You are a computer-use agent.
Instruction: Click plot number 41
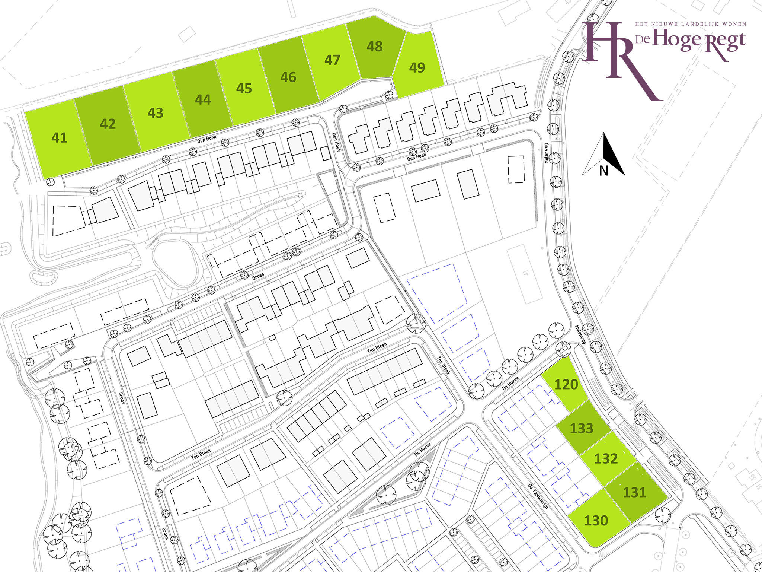coord(59,138)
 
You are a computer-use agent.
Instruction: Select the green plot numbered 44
coord(203,100)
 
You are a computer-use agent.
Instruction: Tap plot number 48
coord(374,47)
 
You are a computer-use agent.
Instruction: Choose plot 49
coord(417,67)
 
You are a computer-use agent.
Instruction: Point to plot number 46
coord(288,77)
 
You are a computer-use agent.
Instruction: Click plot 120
coord(566,384)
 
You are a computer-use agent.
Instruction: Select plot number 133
coord(581,428)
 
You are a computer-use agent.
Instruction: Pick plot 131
coord(634,492)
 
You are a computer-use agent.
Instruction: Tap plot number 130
coord(596,520)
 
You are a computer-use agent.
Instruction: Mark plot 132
coord(606,458)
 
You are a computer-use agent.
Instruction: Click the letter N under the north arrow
coord(603,171)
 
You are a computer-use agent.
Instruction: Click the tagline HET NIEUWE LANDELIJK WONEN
coord(691,24)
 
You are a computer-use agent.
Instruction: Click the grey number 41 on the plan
coord(525,273)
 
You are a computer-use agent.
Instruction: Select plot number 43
coord(155,113)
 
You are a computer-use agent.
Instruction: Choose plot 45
coord(244,89)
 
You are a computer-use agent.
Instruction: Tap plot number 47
coord(332,60)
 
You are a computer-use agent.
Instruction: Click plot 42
coord(108,124)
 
